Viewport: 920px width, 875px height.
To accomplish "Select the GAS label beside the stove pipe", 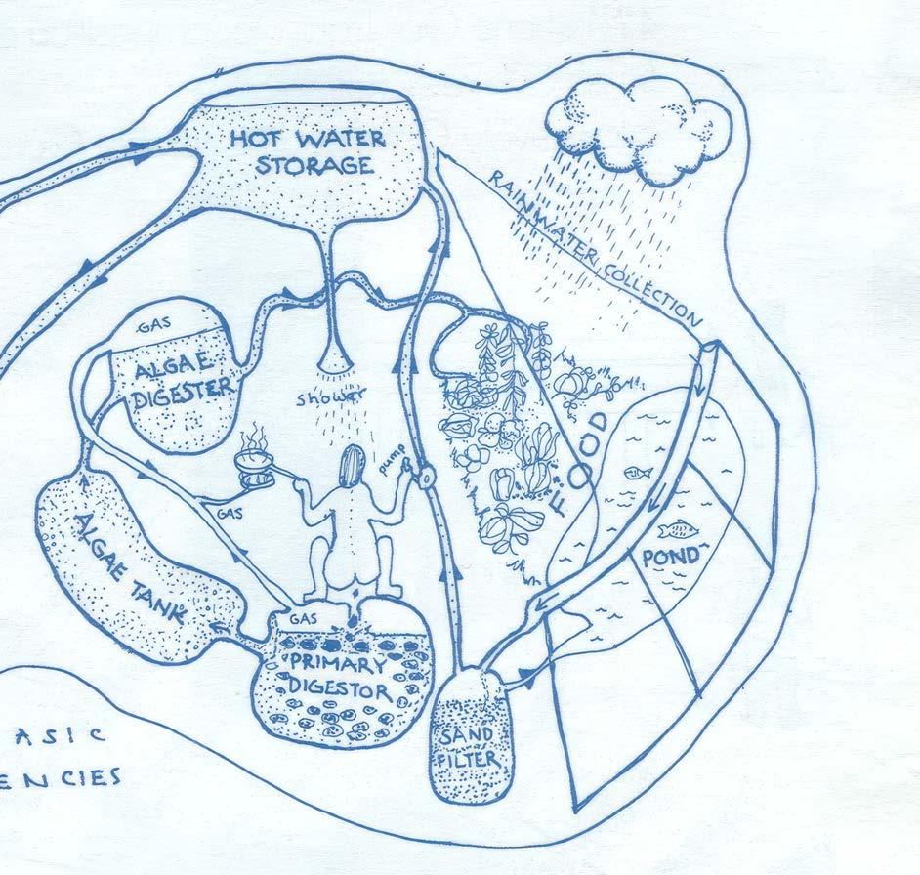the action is tap(228, 512).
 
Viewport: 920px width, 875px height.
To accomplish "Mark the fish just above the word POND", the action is tap(673, 531).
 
